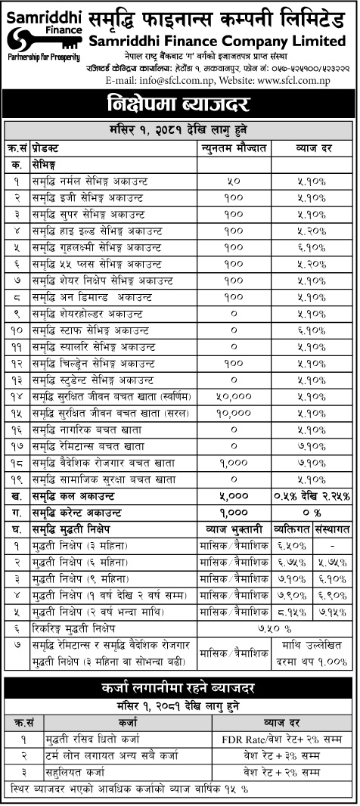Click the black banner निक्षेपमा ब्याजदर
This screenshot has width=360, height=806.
pos(179,104)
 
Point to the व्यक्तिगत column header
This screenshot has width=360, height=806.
pos(291,528)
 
